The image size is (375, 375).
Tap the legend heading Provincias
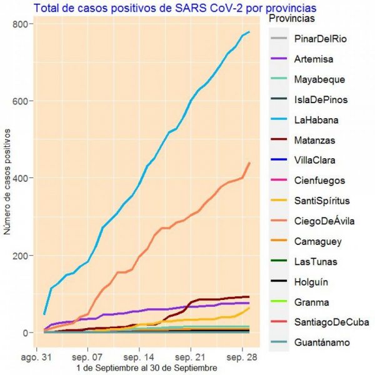(x=292, y=20)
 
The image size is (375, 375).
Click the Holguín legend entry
(x=311, y=282)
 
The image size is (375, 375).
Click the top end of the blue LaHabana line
(x=249, y=32)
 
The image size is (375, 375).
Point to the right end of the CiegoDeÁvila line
(x=249, y=162)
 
